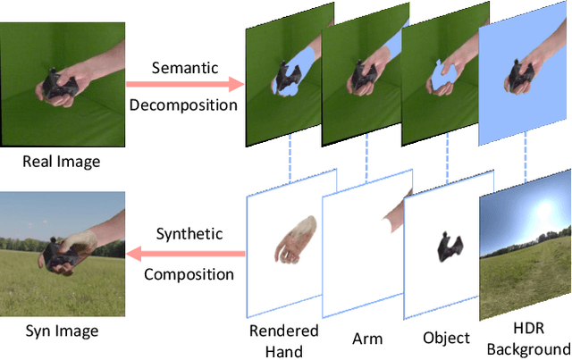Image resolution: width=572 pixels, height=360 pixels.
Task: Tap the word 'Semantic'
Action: [x=184, y=68]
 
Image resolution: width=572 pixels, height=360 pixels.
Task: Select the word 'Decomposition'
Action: [x=184, y=105]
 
